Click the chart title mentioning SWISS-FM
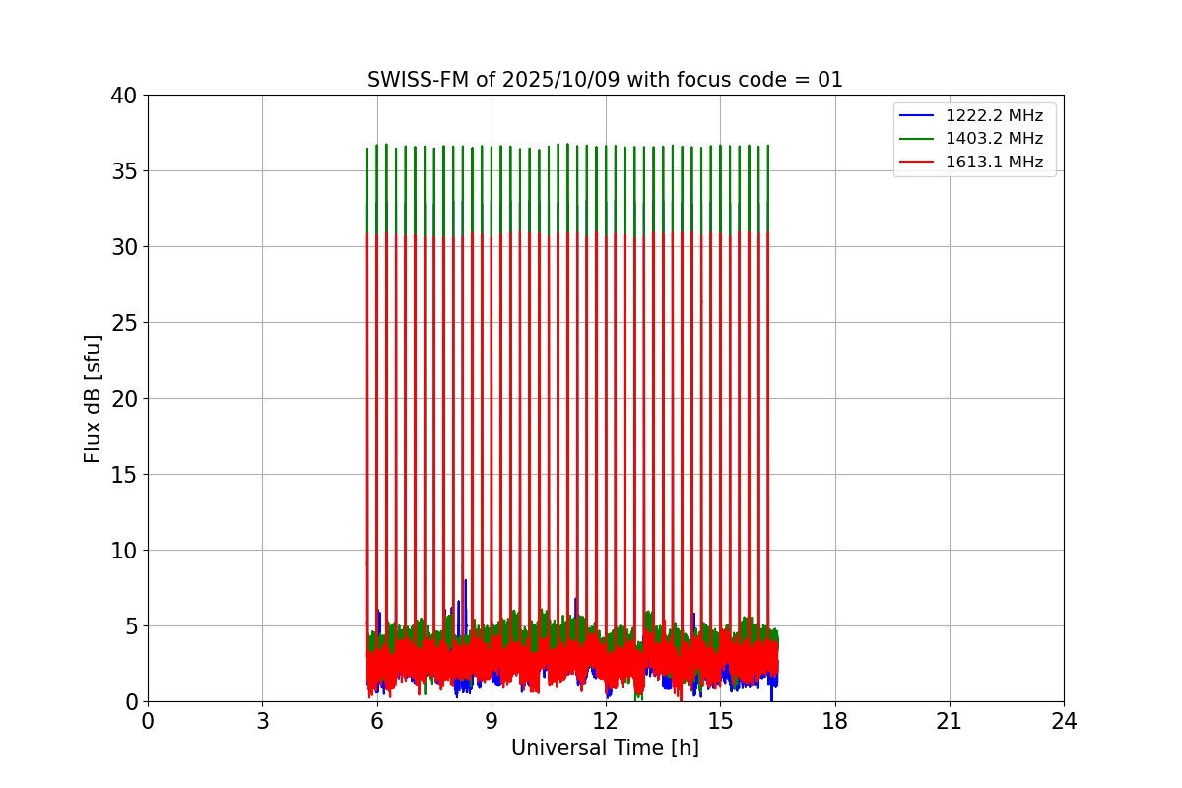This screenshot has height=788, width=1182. pos(605,80)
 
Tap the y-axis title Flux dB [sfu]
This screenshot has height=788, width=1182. pos(93,398)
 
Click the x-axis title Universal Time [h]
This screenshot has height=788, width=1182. pos(605,748)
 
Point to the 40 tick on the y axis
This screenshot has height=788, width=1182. pos(123,96)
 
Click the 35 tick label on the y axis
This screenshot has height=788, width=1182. pos(123,171)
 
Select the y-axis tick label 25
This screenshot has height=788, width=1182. pos(123,323)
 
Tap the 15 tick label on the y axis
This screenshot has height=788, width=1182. pos(123,475)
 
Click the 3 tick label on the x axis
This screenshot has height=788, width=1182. pos(262,721)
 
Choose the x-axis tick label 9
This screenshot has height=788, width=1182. pos(491,721)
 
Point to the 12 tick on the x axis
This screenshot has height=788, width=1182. pos(605,721)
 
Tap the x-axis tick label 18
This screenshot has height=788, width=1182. pos(834,721)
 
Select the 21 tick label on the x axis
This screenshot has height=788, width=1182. pos(949,721)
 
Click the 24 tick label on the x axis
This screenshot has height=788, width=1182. pos(1063,721)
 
